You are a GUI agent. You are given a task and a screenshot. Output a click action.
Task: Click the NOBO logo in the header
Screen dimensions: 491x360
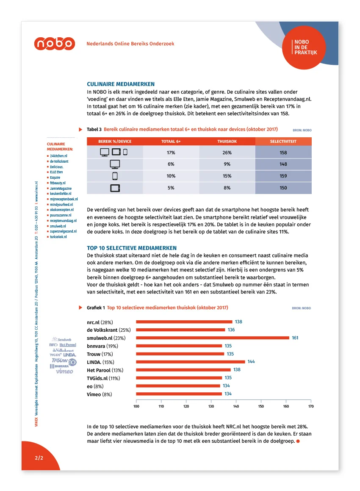pyautogui.click(x=55, y=44)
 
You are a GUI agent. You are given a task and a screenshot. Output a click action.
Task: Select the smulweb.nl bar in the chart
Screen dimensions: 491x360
pyautogui.click(x=212, y=338)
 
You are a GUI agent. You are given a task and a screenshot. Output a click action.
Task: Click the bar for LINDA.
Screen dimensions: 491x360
pyautogui.click(x=190, y=362)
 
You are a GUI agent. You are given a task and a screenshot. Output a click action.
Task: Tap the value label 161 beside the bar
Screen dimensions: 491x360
pyautogui.click(x=295, y=338)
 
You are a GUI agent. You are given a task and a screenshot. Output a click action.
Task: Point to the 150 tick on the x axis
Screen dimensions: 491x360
pyautogui.click(x=261, y=406)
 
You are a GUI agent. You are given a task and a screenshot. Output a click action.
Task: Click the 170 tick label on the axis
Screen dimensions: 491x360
pyautogui.click(x=311, y=406)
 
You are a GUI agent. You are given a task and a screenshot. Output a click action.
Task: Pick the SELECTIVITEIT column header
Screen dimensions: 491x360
pyautogui.click(x=283, y=141)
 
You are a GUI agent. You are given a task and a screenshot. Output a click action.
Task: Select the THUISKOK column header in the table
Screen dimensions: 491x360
pyautogui.click(x=227, y=141)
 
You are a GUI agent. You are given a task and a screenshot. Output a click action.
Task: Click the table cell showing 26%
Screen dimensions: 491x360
pyautogui.click(x=227, y=153)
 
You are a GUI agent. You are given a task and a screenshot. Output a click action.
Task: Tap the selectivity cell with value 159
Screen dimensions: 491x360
pyautogui.click(x=283, y=176)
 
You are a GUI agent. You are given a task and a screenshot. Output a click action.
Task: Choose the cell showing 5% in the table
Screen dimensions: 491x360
pyautogui.click(x=171, y=188)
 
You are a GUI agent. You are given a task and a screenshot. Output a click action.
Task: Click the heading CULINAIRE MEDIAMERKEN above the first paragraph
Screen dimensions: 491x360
pyautogui.click(x=121, y=84)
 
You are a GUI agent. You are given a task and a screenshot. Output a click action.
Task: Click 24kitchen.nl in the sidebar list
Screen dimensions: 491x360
pyautogui.click(x=58, y=156)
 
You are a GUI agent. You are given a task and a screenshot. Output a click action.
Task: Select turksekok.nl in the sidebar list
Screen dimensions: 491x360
pyautogui.click(x=58, y=237)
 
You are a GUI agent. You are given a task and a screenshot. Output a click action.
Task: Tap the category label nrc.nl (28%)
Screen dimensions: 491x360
pyautogui.click(x=100, y=322)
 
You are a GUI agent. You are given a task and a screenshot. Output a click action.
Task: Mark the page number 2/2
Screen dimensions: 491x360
pyautogui.click(x=39, y=458)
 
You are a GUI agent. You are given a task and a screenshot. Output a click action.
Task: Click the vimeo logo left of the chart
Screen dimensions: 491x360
pyautogui.click(x=65, y=372)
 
